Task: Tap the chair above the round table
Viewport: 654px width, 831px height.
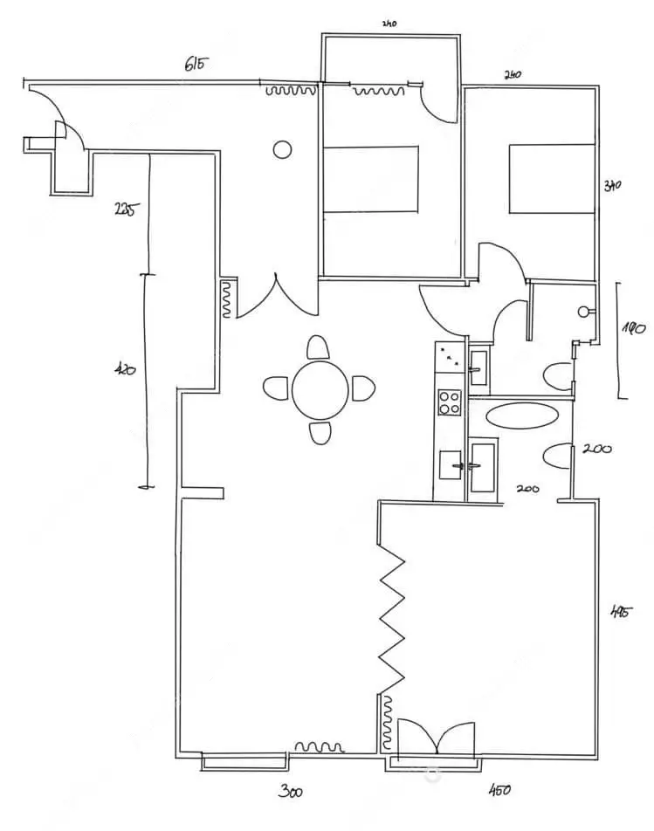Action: pos(318,348)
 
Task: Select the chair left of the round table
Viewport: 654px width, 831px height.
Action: pos(276,387)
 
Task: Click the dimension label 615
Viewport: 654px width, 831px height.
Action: pos(197,65)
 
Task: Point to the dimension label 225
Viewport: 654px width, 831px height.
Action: pos(124,209)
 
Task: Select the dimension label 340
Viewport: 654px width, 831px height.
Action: pos(612,186)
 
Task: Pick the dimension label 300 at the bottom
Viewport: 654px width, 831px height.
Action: pos(291,793)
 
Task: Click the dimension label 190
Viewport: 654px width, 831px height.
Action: pos(632,330)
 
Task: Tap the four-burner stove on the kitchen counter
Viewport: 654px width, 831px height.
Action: pos(450,402)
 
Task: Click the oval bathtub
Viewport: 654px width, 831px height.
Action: pos(521,414)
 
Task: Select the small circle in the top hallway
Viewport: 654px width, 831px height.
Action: pos(282,149)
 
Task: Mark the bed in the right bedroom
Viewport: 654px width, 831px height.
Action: pos(552,179)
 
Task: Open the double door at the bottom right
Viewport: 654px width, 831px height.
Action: pos(437,738)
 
